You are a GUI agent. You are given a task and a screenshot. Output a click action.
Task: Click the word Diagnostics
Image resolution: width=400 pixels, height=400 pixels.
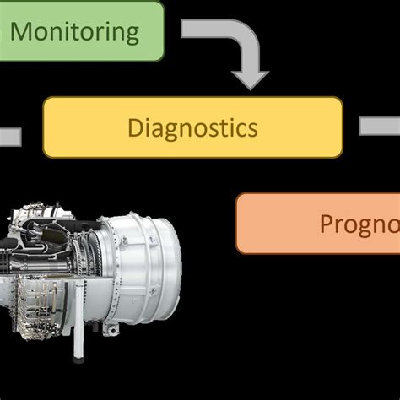192,128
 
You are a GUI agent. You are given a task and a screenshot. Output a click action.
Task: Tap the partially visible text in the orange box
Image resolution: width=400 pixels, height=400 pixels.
359,224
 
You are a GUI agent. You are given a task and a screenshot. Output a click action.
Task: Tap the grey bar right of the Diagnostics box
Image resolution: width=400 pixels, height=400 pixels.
380,127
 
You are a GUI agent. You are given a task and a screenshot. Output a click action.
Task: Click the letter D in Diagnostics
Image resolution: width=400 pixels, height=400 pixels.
136,128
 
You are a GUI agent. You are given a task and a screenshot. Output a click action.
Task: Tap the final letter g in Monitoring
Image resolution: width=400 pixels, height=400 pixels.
130,35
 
